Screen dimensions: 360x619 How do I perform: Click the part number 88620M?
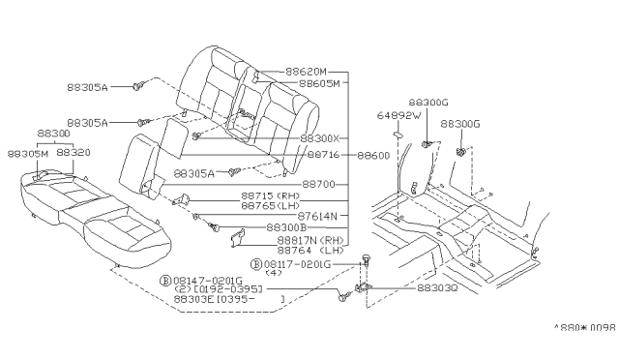pos(307,73)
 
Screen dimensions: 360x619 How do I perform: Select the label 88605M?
pos(319,84)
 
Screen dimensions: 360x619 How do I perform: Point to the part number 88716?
pos(325,155)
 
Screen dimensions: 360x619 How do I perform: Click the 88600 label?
pos(372,155)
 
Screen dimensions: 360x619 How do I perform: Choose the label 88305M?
pos(27,152)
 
